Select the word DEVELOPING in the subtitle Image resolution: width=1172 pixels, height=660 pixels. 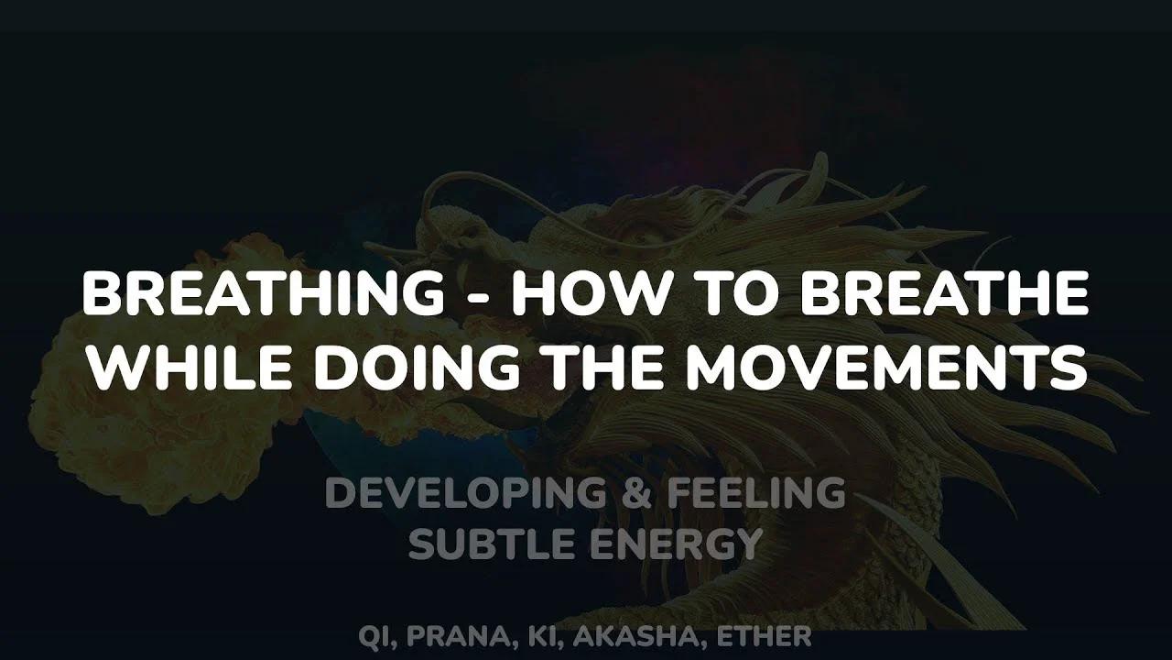(465, 494)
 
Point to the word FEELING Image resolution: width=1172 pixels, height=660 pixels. (755, 494)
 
